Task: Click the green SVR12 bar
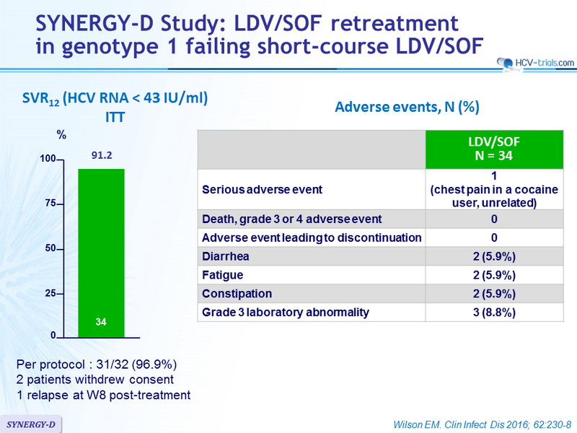pos(101,253)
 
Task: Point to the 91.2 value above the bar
pos(102,155)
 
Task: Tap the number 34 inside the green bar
pos(101,322)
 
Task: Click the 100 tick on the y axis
pos(48,159)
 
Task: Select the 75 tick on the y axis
pos(50,204)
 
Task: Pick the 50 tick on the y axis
pos(50,248)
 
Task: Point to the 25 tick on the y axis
pos(50,294)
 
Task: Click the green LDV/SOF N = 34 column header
pos(494,149)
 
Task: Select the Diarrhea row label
pos(226,256)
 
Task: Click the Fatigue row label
pos(223,275)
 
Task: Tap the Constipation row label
pos(237,294)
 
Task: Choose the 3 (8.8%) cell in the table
pos(494,312)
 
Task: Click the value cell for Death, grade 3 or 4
pos(494,219)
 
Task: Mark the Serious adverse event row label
pos(262,189)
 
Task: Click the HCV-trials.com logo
pos(535,63)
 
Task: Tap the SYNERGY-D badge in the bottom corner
pos(31,424)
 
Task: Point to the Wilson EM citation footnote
pos(482,424)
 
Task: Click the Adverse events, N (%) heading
pos(407,107)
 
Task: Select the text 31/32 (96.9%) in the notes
pos(136,364)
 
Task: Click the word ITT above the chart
pos(115,117)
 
